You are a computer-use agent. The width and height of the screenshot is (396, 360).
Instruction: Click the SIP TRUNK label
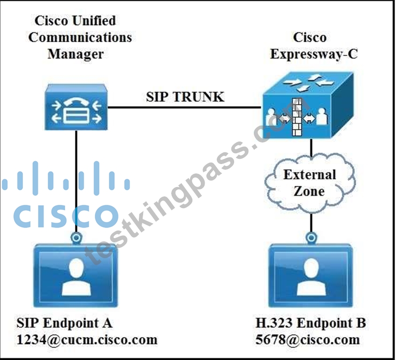pos(185,97)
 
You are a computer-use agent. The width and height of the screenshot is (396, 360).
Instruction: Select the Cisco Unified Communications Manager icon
pos(76,107)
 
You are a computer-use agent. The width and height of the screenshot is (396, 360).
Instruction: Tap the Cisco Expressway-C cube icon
pos(308,105)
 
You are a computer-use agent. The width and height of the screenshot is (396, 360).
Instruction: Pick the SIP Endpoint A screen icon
pos(76,276)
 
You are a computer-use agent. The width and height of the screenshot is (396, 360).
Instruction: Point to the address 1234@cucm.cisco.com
pos(87,339)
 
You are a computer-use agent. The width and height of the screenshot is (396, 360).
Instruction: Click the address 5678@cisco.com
pos(308,339)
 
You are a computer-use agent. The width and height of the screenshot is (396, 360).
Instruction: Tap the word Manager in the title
pos(76,54)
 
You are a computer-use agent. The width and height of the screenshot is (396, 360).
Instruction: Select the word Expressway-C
pos(314,54)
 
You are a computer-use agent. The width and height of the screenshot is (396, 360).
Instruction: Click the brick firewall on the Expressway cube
pos(297,117)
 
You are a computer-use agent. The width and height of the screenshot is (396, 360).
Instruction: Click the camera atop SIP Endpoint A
pos(76,238)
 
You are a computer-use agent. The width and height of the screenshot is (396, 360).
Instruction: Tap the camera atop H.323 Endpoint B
pos(311,238)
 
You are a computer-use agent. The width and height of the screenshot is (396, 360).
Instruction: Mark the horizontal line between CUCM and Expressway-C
pos(184,107)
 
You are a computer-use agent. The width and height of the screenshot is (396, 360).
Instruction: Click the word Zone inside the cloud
pos(309,191)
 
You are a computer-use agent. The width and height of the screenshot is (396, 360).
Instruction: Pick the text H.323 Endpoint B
pos(311,323)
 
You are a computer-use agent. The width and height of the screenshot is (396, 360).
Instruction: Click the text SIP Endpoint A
pos(64,323)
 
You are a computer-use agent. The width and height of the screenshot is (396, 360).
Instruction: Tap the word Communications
pos(80,37)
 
